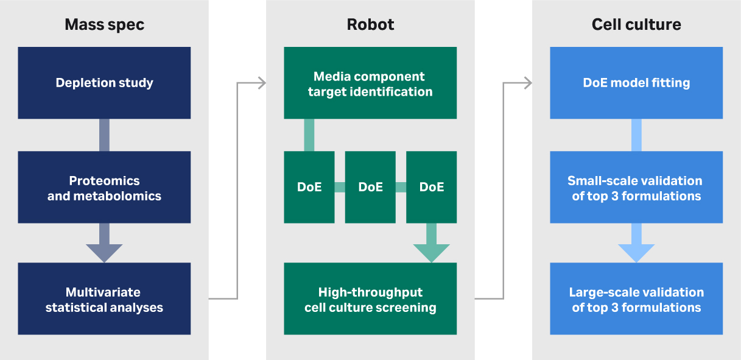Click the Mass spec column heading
(x=104, y=25)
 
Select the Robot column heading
(x=370, y=25)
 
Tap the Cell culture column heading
(x=636, y=25)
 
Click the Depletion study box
(x=104, y=83)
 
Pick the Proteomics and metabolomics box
(x=104, y=188)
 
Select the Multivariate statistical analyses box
(x=104, y=299)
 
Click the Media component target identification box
(x=370, y=83)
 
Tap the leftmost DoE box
(x=309, y=187)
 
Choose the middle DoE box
(x=370, y=187)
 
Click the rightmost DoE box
(x=431, y=187)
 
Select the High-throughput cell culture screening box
(x=370, y=299)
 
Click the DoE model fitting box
(x=636, y=83)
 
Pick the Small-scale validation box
(x=636, y=188)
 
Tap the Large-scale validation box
(x=636, y=299)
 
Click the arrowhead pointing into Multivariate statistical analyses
(x=104, y=252)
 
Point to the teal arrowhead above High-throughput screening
(x=431, y=252)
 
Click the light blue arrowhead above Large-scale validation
(x=636, y=252)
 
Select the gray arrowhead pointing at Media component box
(x=262, y=83)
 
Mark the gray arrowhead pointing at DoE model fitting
(x=527, y=83)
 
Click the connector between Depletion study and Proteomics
(x=104, y=135)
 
